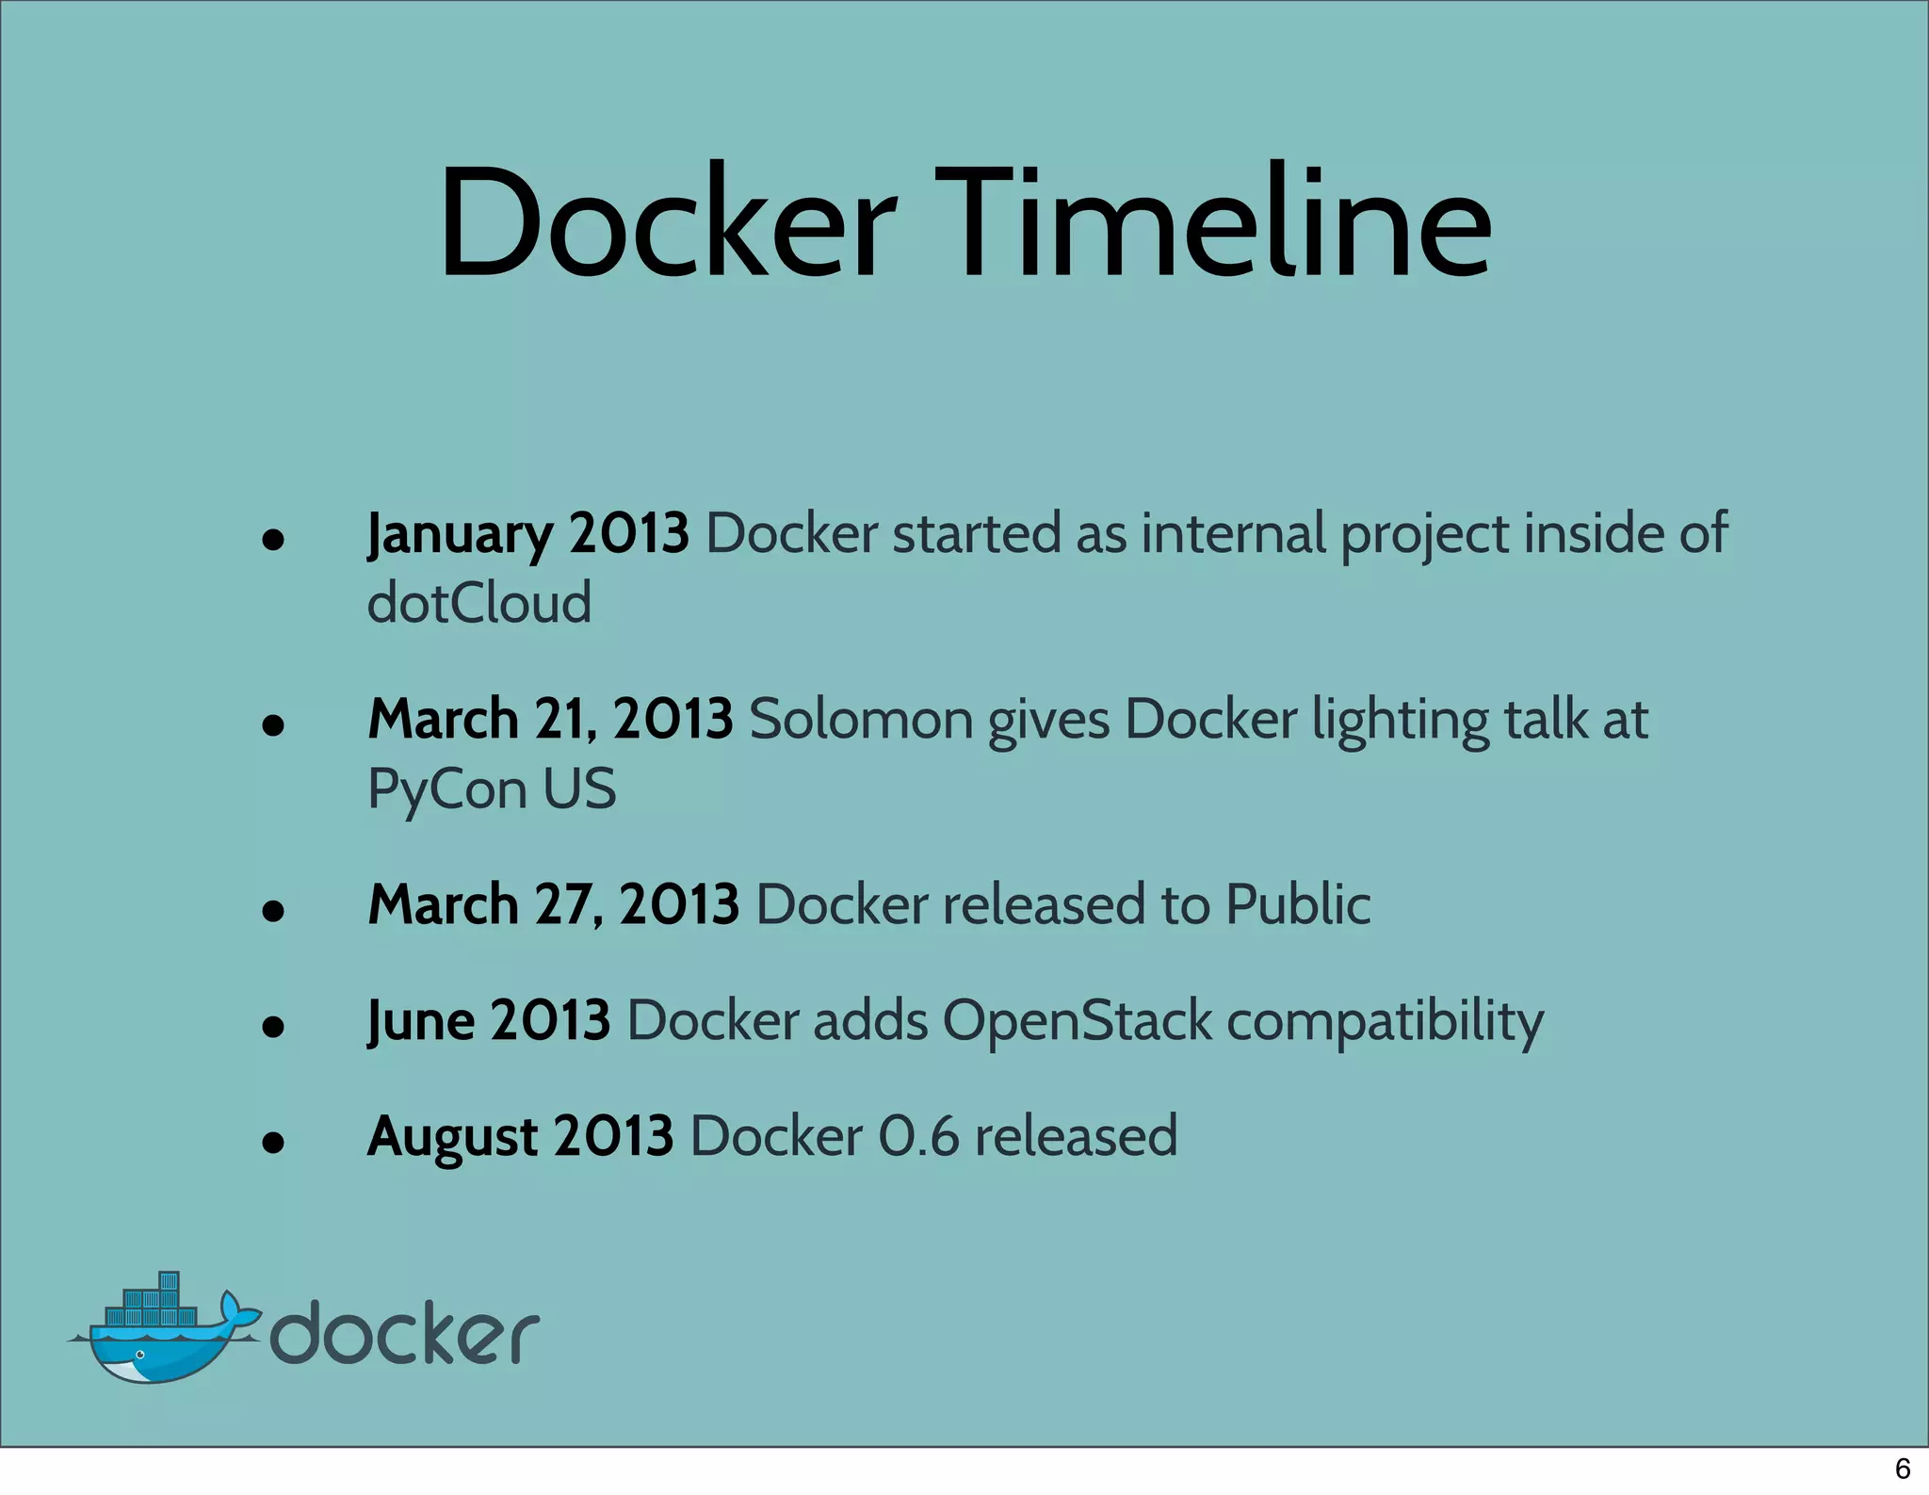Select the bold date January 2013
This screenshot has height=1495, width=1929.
click(527, 534)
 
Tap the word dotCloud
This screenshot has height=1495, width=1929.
click(478, 603)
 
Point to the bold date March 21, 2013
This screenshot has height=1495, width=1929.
click(550, 720)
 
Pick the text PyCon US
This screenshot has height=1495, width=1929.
click(491, 788)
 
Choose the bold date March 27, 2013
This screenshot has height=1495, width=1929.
click(553, 905)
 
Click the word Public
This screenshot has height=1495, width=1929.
click(1298, 905)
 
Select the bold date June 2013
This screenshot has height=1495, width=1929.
click(489, 1021)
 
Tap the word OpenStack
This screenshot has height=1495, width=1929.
click(1078, 1021)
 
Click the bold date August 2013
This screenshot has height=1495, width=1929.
click(520, 1137)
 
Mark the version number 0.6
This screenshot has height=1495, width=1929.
click(918, 1137)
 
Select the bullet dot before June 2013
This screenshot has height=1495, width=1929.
click(273, 1027)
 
